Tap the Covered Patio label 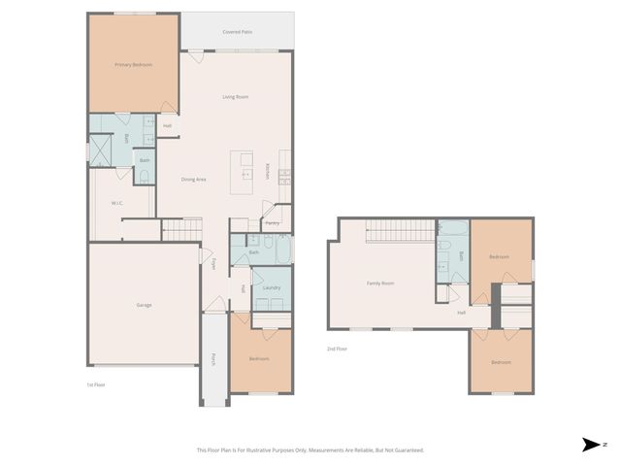(237, 31)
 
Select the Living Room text (236, 97)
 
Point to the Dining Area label (193, 179)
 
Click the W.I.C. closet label (116, 203)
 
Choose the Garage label (144, 305)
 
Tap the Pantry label (273, 223)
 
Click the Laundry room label (272, 287)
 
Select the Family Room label (379, 283)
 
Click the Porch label (213, 359)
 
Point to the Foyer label (213, 263)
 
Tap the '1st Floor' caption (95, 384)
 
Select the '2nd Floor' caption (337, 348)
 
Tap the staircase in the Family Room (399, 231)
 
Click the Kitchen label (268, 171)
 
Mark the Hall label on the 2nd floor (462, 313)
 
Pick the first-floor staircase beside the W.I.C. (181, 229)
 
